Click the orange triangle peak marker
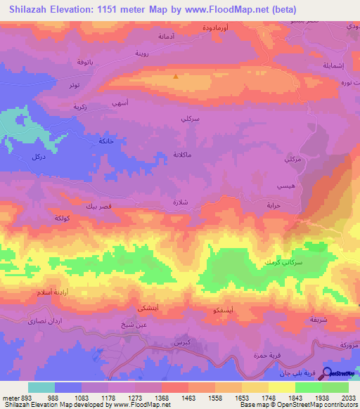coord(175,77)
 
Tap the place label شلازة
coord(181,201)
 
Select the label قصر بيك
coord(97,207)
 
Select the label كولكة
coord(63,219)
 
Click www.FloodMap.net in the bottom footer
coord(146,405)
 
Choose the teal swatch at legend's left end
coord(41,387)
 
